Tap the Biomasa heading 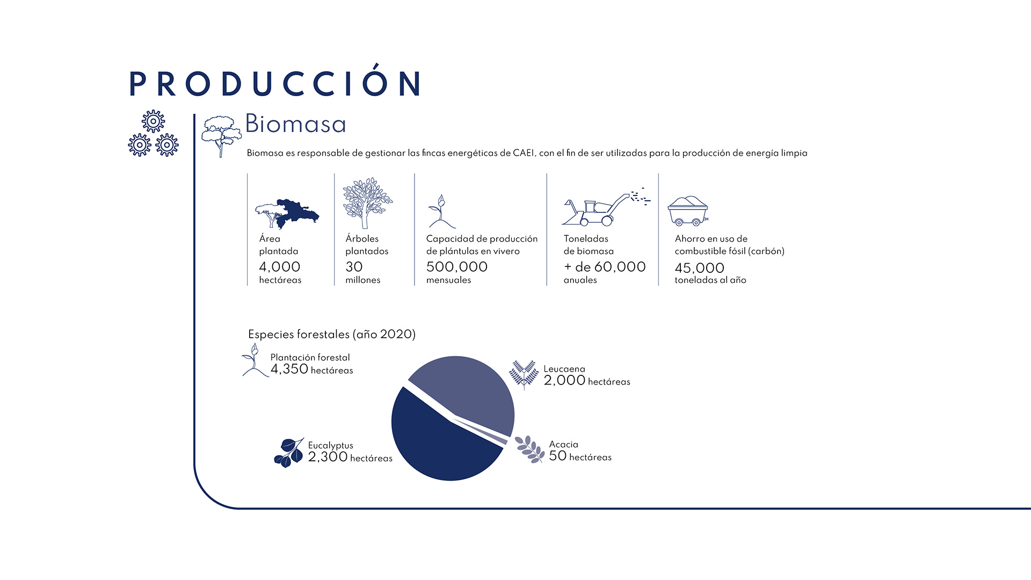(x=295, y=124)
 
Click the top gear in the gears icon (x=154, y=121)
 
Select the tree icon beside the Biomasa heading (x=221, y=136)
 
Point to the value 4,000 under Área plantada (x=280, y=267)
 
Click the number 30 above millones (x=354, y=267)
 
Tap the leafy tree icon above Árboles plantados (x=368, y=203)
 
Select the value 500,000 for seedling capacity (x=457, y=267)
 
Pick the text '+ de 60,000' (x=605, y=267)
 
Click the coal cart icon (x=688, y=211)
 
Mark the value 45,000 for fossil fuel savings (x=700, y=268)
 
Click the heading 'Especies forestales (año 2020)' (x=332, y=335)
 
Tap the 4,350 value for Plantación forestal (x=289, y=369)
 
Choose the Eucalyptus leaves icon (x=289, y=453)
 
